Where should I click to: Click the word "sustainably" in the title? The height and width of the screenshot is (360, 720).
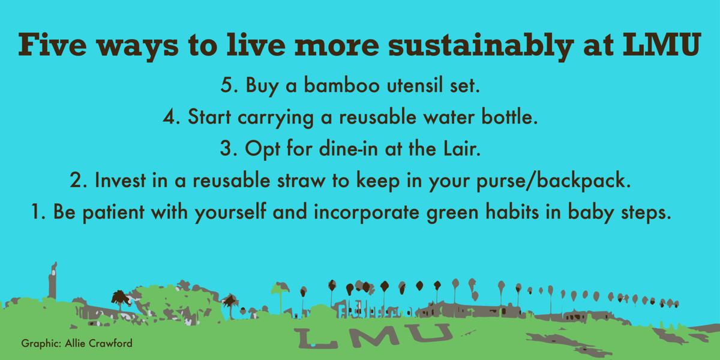pos(481,46)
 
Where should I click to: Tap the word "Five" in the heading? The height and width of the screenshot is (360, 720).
pos(52,44)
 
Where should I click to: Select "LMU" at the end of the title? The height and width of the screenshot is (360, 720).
pos(662,44)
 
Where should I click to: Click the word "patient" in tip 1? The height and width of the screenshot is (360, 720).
pos(113,212)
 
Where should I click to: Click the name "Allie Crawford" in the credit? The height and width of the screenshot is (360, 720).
pos(98,343)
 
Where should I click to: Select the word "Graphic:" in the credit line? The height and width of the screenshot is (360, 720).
pos(41,344)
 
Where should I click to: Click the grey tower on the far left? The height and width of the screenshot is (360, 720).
pos(53,281)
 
